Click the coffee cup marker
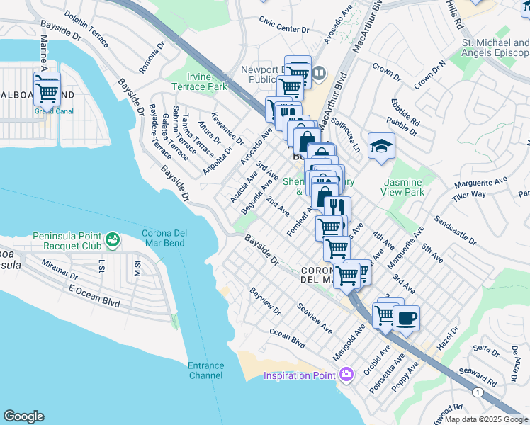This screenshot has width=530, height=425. (x=406, y=318)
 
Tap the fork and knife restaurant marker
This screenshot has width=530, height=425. (x=337, y=207)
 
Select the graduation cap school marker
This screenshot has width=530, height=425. (x=381, y=147)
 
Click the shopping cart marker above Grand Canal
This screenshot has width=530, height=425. (x=47, y=89)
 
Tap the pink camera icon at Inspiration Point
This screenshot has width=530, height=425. (x=346, y=374)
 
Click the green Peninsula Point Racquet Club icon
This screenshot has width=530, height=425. (x=112, y=241)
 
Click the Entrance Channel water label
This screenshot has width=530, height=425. (x=205, y=370)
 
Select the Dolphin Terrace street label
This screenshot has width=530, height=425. (x=86, y=28)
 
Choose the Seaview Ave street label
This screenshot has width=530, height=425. (x=315, y=319)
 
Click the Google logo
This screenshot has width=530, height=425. (x=23, y=416)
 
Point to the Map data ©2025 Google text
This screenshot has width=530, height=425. (x=486, y=419)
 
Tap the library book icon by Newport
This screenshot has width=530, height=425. (x=319, y=72)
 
